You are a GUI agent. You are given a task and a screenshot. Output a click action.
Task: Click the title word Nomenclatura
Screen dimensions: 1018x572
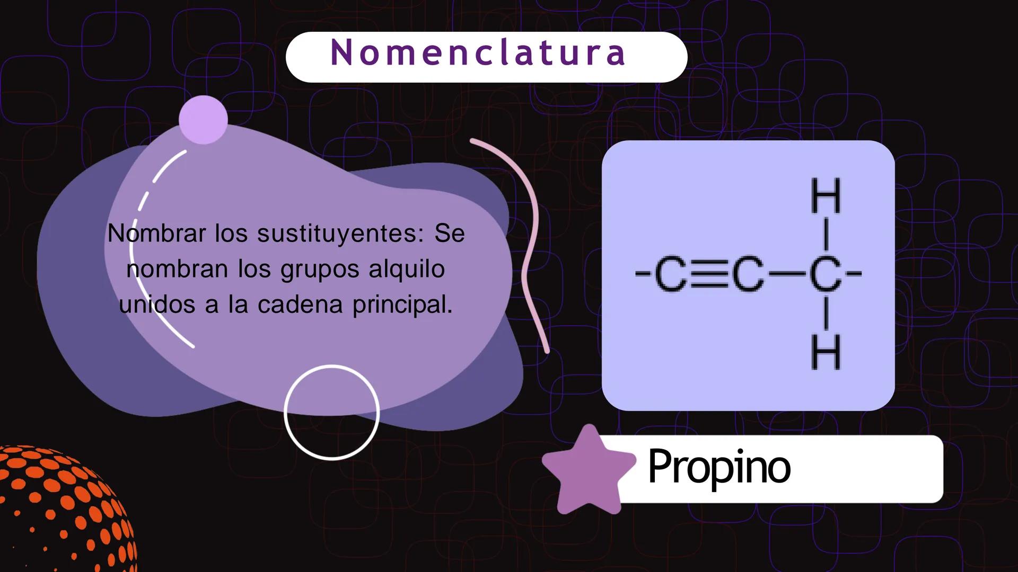(x=478, y=53)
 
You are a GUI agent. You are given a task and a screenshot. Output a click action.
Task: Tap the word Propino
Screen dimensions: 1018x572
(x=719, y=467)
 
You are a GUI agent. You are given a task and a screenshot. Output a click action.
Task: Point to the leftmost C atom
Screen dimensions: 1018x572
(x=671, y=275)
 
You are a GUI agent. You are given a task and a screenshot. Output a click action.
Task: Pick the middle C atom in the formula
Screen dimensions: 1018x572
(x=748, y=275)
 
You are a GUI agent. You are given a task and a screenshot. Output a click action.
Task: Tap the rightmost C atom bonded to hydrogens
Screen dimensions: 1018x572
(x=826, y=275)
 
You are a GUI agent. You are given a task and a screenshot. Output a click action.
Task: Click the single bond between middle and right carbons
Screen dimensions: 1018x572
(x=787, y=275)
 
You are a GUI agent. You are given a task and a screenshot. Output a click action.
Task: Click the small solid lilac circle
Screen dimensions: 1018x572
(x=203, y=120)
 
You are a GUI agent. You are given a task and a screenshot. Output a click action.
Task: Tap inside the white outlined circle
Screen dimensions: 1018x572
(x=331, y=413)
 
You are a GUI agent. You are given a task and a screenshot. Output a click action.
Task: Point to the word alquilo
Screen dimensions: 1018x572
(x=407, y=270)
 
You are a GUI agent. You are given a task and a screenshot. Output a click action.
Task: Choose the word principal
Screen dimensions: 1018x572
(x=403, y=306)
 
